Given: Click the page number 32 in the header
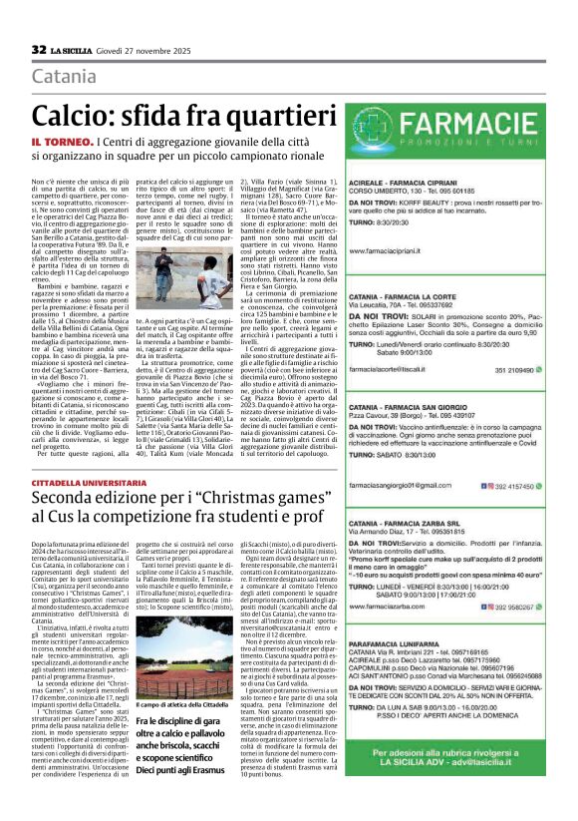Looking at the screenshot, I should [38, 50].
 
